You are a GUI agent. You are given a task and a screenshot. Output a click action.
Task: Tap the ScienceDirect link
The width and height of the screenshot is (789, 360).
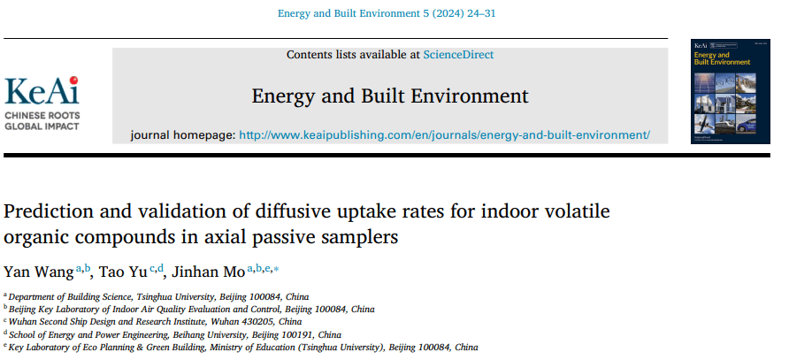point(458,55)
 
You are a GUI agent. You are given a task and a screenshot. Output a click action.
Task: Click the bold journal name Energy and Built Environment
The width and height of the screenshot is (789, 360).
point(390,96)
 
